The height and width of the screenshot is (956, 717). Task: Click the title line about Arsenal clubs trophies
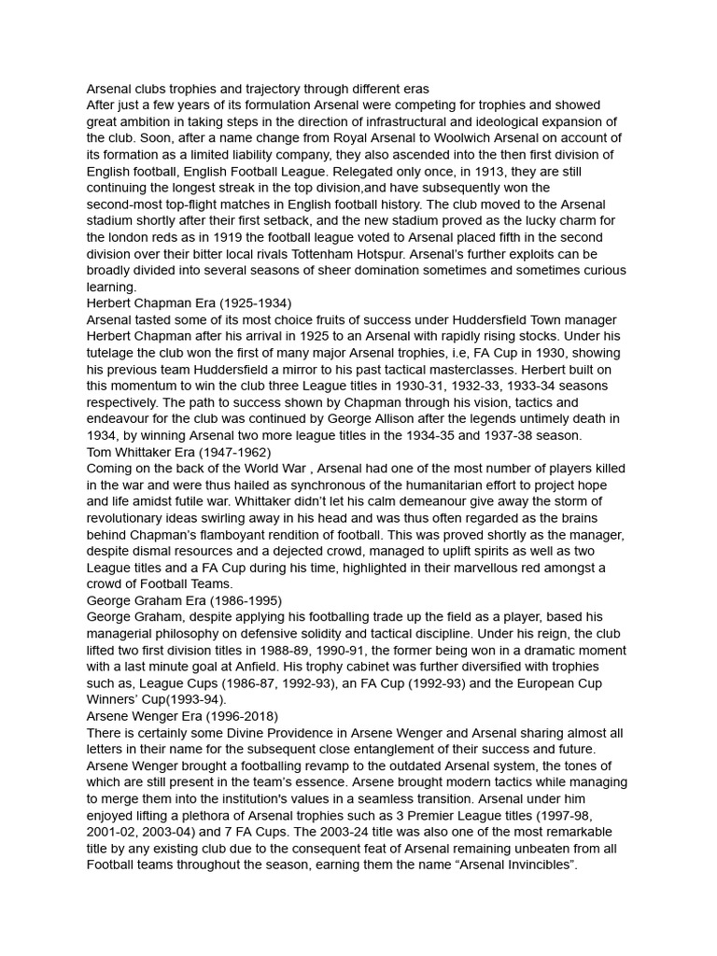coord(257,90)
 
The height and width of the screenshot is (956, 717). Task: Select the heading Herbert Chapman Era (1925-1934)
coord(189,303)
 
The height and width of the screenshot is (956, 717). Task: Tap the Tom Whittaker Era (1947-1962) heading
coord(178,453)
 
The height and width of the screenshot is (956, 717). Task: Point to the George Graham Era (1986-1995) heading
coord(184,600)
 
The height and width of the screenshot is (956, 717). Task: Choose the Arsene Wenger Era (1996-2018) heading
coord(182,717)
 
